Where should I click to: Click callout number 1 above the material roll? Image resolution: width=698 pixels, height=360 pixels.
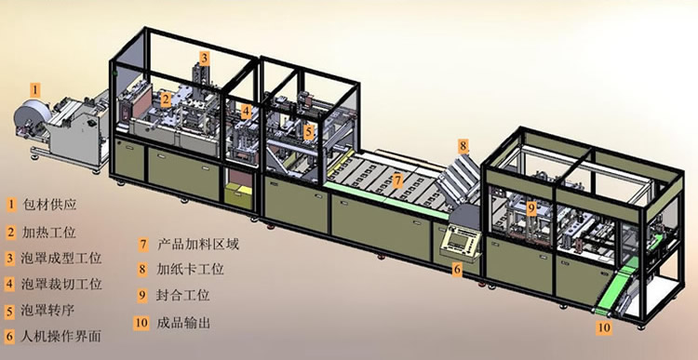[x=34, y=89]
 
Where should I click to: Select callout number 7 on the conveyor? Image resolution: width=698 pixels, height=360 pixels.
[x=396, y=179]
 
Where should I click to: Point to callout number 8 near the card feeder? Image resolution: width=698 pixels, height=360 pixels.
[x=463, y=145]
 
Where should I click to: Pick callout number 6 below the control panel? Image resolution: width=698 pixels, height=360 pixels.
[x=457, y=269]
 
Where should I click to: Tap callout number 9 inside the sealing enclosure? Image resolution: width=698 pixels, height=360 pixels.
[x=531, y=208]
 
